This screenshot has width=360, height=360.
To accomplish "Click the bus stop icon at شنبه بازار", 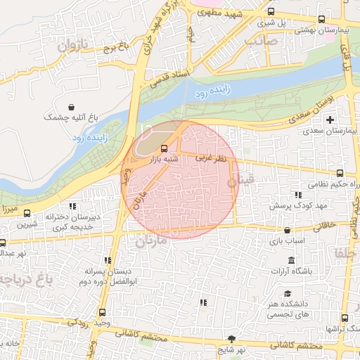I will pos(164,148).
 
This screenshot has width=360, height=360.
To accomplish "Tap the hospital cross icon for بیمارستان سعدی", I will pos(329,120).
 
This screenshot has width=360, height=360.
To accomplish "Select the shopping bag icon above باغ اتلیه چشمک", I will pos(72,106).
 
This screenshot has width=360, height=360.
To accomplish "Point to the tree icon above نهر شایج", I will pos(233,337).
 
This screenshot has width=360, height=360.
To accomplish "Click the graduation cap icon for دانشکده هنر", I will pos(287,294).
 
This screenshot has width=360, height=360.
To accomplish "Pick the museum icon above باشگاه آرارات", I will pos(291,259).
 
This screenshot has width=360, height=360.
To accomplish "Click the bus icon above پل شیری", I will pos(271,12).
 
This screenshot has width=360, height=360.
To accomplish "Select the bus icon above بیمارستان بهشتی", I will pos(322,19).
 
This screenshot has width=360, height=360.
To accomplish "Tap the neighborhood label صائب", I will pos(262,40).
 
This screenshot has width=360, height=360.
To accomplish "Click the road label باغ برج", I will pos(117,49).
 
